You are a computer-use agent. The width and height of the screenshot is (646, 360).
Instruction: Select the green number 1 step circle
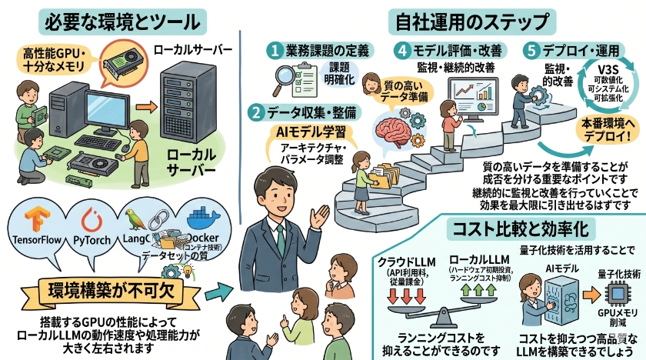(x=274, y=51)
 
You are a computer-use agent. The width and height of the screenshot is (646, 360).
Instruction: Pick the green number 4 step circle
(x=403, y=51)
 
